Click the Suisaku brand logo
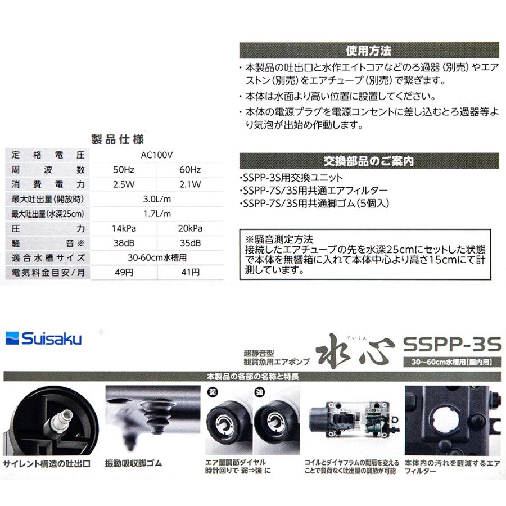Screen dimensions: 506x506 coord(44,338)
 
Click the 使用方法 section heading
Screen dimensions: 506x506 coord(369,51)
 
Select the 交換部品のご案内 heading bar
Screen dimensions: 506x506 coord(369,161)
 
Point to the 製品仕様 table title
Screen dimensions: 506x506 coord(118,140)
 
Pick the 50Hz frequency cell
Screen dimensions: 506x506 coord(124,169)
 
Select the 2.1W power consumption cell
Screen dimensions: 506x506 coord(191,184)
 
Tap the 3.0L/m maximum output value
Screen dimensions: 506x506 coord(157,198)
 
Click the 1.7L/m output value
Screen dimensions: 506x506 coord(157,214)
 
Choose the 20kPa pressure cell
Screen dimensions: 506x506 coord(191,228)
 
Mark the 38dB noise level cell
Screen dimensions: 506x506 coord(124,243)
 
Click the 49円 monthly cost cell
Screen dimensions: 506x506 coord(124,273)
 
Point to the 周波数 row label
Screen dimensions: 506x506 coord(48,169)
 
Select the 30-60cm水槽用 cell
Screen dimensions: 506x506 coord(157,257)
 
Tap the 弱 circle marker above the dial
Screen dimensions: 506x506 coord(213,391)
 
